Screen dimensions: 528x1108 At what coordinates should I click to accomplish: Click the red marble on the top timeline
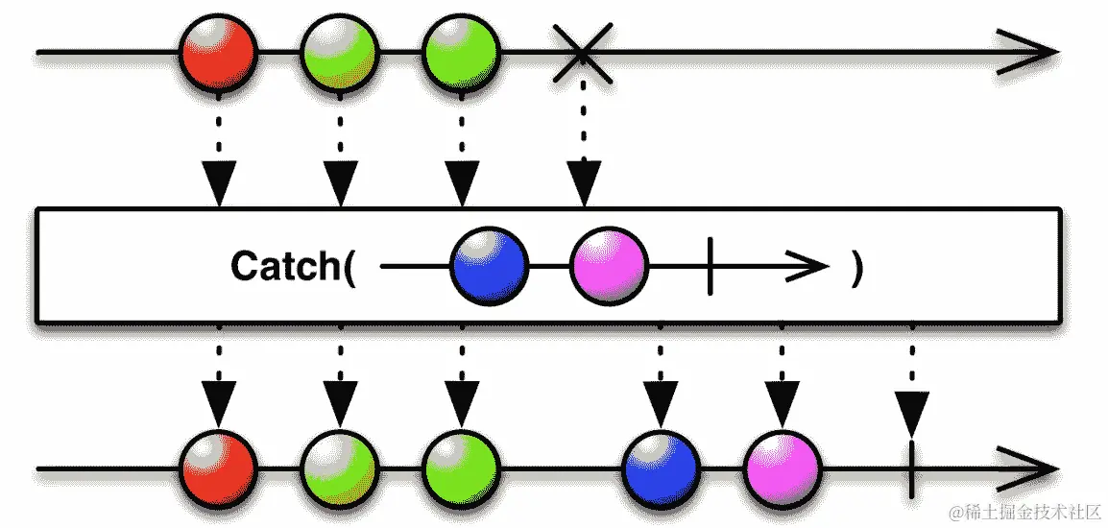[x=218, y=51]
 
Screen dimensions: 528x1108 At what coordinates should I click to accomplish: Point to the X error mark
[x=583, y=49]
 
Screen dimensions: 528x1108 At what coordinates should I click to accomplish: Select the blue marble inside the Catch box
[x=489, y=265]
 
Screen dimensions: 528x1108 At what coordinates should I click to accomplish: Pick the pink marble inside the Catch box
[x=610, y=265]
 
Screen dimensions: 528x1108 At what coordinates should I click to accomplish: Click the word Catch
[x=285, y=266]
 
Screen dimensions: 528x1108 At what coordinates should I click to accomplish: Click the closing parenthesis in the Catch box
[x=856, y=266]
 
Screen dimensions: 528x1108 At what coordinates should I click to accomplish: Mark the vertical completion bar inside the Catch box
[x=710, y=266]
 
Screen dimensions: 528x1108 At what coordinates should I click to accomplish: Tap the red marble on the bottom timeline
[x=218, y=469]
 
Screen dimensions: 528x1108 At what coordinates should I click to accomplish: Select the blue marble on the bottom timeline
[x=662, y=469]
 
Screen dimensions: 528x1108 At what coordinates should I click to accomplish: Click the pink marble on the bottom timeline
[x=783, y=469]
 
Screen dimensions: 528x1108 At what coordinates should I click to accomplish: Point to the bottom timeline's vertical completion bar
[x=909, y=469]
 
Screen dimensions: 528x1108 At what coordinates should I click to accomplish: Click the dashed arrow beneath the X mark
[x=583, y=154]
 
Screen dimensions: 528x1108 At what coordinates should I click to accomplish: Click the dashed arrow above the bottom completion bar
[x=909, y=379]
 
